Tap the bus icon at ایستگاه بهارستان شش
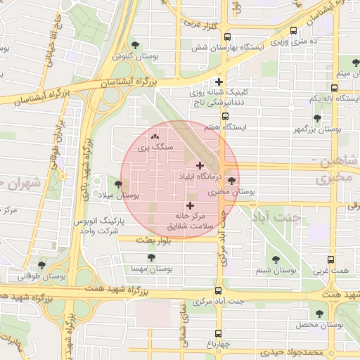coord(224,35)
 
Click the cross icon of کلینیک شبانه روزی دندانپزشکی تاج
coord(219,82)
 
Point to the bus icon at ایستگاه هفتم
coord(225,117)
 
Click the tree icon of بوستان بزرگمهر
coord(318,119)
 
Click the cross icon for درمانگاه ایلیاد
coord(200,165)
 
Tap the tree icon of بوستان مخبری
coord(232,181)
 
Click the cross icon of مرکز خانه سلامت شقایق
coord(190,205)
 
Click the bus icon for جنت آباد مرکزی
coord(218,290)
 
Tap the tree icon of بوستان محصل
coord(320,314)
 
